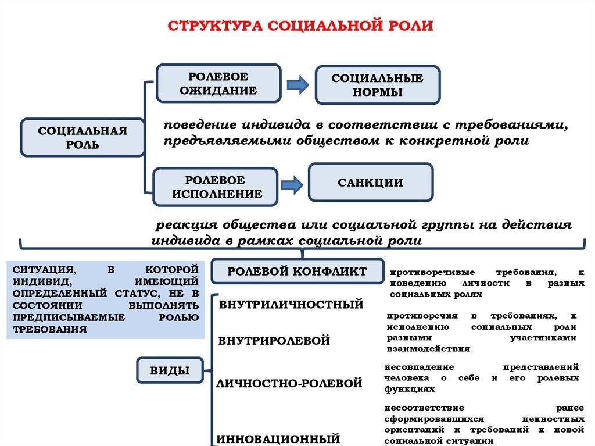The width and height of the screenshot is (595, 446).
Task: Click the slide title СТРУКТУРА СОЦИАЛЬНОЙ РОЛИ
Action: pyautogui.click(x=300, y=27)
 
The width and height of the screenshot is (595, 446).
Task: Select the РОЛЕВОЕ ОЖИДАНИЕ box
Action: pyautogui.click(x=218, y=84)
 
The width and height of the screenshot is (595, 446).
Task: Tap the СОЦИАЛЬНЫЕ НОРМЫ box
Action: pyautogui.click(x=377, y=85)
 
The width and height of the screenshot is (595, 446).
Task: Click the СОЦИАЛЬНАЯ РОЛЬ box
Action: pyautogui.click(x=83, y=138)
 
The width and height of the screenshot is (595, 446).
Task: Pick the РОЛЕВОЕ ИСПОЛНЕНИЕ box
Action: pyautogui.click(x=216, y=187)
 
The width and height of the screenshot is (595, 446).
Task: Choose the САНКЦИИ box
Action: pyautogui.click(x=370, y=183)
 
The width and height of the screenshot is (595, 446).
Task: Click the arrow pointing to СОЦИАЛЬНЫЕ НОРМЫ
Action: pyautogui.click(x=298, y=85)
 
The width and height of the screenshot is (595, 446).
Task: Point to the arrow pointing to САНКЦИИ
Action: pyautogui.click(x=292, y=185)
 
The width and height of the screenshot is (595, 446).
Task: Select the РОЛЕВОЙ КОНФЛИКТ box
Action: pyautogui.click(x=297, y=272)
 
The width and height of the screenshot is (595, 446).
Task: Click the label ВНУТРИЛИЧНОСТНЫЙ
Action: pyautogui.click(x=291, y=304)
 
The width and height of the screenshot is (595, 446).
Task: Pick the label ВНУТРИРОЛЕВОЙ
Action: pyautogui.click(x=274, y=341)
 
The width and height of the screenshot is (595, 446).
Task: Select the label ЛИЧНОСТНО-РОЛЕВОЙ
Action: pyautogui.click(x=289, y=383)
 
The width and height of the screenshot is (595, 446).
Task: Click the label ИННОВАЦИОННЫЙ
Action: pyautogui.click(x=278, y=438)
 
